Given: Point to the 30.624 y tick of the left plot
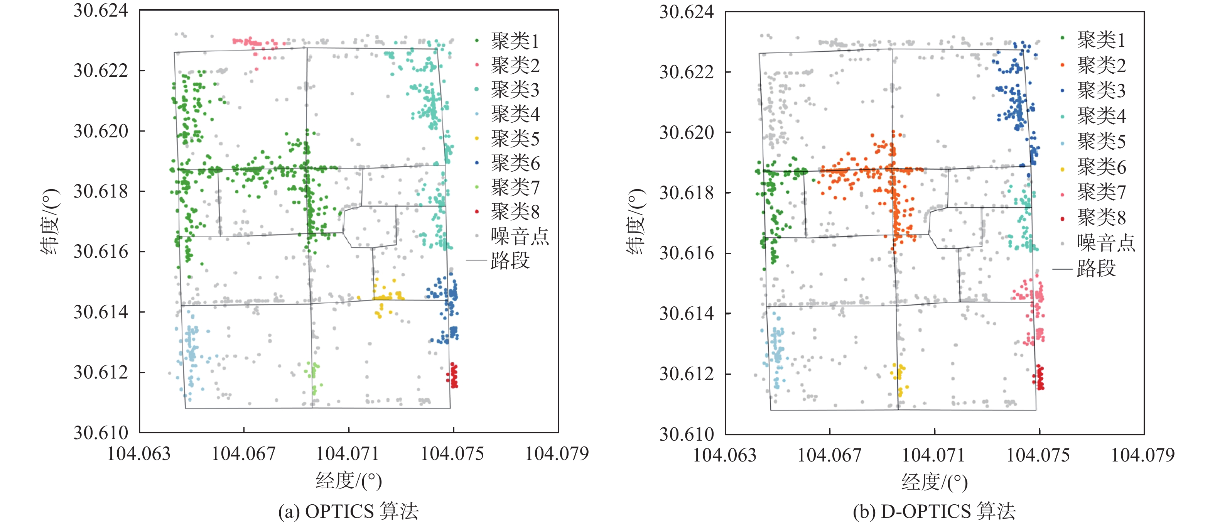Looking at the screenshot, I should coord(100,10).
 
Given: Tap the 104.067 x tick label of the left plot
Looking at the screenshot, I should coord(243,454).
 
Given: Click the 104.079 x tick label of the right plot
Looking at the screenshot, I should coord(1143,455).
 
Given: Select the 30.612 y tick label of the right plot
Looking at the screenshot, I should coord(686,374).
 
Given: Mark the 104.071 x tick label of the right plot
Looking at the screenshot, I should coord(934,455).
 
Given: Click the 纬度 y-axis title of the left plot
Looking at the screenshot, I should coord(51,221).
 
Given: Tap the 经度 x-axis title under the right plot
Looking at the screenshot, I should coord(934,482).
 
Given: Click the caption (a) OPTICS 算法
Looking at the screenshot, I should coord(348,511).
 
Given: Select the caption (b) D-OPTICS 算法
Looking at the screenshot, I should coord(934,511).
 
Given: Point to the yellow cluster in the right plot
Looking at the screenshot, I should coord(898,377).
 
